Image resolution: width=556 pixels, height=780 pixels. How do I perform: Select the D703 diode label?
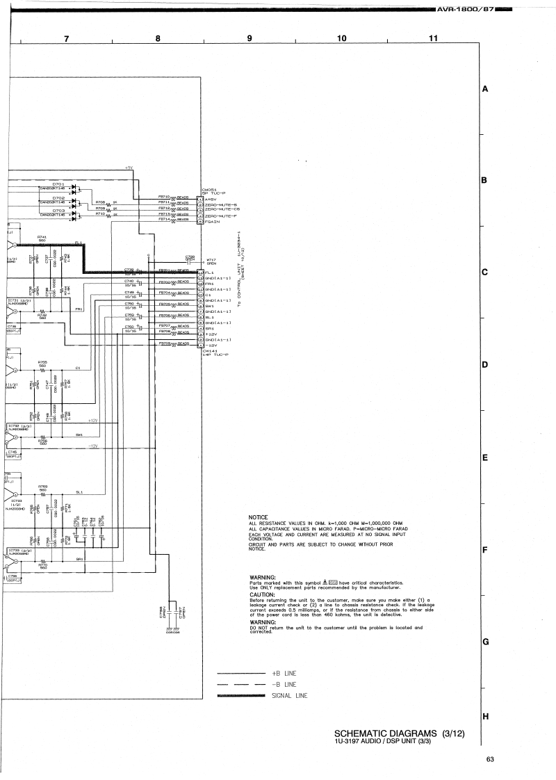(58, 210)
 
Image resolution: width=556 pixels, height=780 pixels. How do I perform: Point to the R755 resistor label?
(42, 361)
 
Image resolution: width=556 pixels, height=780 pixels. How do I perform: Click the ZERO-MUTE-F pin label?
(222, 216)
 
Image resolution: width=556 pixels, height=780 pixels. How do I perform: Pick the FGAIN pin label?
(212, 222)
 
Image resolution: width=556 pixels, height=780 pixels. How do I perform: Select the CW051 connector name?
(210, 190)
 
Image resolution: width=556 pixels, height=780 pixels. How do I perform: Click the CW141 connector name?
(210, 350)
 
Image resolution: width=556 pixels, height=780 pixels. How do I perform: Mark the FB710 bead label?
(165, 197)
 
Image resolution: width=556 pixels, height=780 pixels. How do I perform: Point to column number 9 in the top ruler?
(249, 38)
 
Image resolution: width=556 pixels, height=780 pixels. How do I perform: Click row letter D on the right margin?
(484, 365)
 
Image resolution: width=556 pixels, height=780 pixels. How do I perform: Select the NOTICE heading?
(258, 517)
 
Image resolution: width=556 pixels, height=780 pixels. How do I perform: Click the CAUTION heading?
(262, 595)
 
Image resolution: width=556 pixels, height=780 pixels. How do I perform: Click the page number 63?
(490, 758)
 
